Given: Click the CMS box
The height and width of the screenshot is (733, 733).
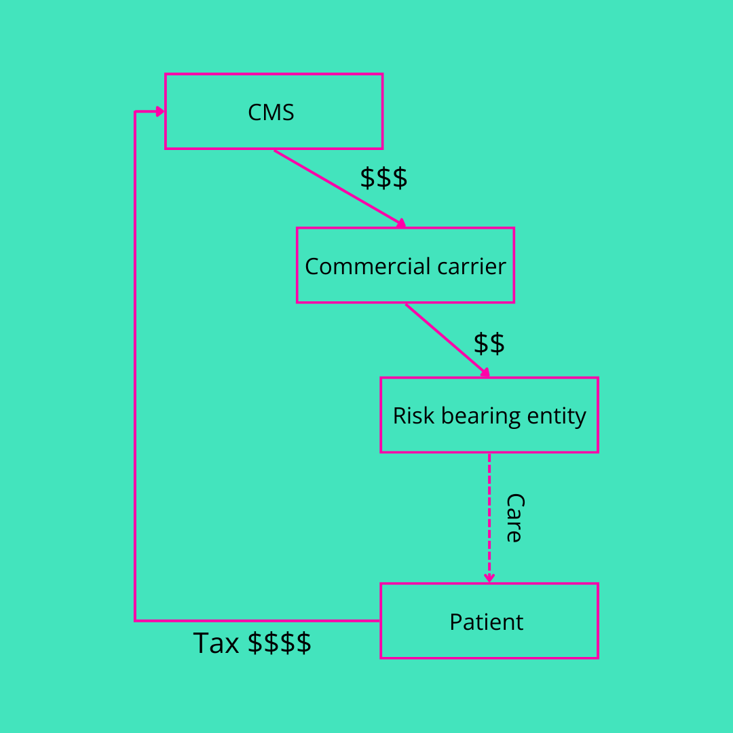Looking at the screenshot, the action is (274, 111).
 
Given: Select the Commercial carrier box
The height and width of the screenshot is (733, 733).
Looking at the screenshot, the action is (405, 265).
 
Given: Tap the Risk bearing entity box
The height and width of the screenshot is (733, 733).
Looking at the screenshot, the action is (489, 415).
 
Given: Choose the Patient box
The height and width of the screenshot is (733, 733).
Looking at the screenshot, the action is (489, 620).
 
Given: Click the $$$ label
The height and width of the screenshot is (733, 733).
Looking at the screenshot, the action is (383, 178).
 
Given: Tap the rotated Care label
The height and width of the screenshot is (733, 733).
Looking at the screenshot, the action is (514, 517).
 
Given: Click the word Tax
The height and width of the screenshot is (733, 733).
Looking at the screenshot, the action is (216, 643).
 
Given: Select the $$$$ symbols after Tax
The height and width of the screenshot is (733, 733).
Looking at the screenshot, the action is (279, 643).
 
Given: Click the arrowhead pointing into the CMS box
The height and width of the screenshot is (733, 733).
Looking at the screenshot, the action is (160, 111).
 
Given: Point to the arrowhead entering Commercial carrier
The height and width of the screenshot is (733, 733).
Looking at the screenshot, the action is (401, 223).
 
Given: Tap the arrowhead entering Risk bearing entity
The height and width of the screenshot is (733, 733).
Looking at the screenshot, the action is (485, 372).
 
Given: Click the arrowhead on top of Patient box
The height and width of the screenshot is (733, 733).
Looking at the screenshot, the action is (489, 578).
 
